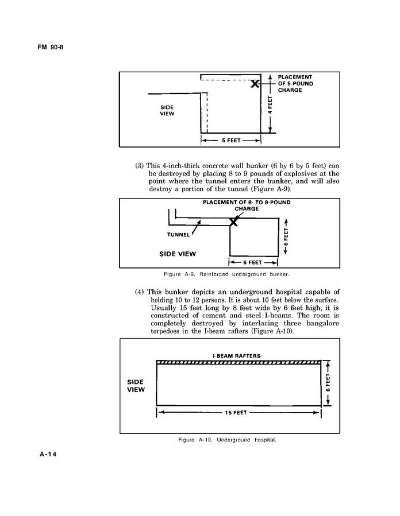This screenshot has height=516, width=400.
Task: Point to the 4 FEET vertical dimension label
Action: (270, 104)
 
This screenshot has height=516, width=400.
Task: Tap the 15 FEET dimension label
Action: (238, 413)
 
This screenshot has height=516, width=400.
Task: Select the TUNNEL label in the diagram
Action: (178, 234)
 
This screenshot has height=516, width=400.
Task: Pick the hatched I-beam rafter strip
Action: (238, 362)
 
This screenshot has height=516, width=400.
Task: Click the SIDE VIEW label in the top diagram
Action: (167, 110)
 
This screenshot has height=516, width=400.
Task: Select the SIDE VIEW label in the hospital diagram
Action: (136, 386)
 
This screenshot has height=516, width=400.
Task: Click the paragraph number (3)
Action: (140, 166)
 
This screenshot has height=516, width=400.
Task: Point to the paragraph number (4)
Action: (140, 291)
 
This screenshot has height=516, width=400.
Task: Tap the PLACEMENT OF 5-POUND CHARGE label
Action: (295, 83)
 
